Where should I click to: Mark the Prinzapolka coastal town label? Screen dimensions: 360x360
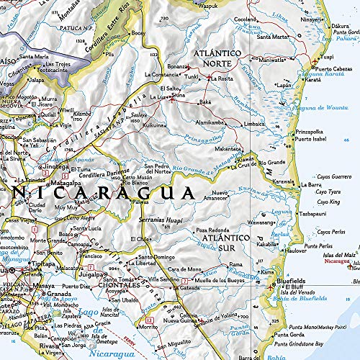(x=310, y=132)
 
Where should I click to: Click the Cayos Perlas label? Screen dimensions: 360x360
(x=333, y=232)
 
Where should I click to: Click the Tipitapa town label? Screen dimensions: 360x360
(x=42, y=264)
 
